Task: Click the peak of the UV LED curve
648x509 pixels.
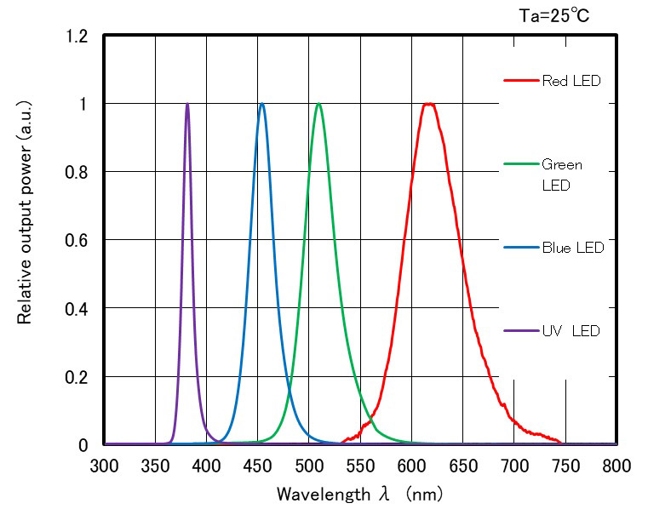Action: [187, 104]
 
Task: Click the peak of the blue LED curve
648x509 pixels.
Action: [261, 104]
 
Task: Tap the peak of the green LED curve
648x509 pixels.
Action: [318, 104]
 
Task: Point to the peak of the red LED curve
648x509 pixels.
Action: [429, 104]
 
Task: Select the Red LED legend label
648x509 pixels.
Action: [571, 82]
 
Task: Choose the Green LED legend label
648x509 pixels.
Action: [562, 174]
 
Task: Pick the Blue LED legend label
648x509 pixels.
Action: [572, 248]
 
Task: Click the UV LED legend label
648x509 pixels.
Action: [571, 330]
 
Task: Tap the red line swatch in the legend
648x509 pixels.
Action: [521, 82]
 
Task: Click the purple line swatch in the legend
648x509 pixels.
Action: [521, 330]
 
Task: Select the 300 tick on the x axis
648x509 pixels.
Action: [104, 466]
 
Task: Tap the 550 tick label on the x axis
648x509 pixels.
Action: [360, 466]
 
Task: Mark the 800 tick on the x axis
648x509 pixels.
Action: [616, 466]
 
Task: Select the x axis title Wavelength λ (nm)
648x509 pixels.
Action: [359, 493]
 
